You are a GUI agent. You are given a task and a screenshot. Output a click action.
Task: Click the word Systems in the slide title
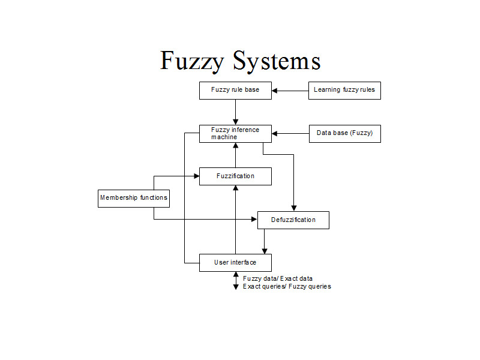(x=277, y=62)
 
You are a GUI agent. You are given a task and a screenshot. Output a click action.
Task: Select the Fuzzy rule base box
(x=235, y=91)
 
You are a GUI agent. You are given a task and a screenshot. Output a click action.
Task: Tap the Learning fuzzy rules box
(x=344, y=91)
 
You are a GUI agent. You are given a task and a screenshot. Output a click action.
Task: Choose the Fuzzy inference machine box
(x=235, y=133)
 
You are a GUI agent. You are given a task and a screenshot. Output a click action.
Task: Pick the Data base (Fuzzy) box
(x=344, y=133)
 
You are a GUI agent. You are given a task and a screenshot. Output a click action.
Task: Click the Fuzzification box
(x=235, y=176)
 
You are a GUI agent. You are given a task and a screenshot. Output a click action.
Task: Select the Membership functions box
(x=133, y=198)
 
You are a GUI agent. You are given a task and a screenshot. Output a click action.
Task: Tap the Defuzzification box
(x=293, y=220)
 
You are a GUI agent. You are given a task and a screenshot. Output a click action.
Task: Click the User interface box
(x=235, y=263)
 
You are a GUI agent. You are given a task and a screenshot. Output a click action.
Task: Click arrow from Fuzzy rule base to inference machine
(x=236, y=112)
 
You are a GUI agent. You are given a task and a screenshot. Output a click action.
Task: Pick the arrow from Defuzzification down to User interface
(x=264, y=241)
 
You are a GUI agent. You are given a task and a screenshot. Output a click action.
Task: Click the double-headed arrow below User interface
(x=236, y=281)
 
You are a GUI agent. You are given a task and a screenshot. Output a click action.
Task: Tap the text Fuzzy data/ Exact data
(x=278, y=278)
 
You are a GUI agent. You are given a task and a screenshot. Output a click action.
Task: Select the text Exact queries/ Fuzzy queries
(x=287, y=287)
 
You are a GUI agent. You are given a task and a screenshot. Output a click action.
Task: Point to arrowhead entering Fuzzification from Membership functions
(x=196, y=176)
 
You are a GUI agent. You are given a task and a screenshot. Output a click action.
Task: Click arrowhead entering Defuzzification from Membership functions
(x=254, y=220)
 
